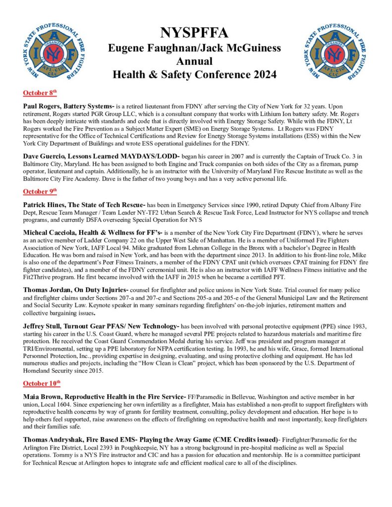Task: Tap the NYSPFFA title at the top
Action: coord(194,33)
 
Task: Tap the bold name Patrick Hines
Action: coord(44,204)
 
